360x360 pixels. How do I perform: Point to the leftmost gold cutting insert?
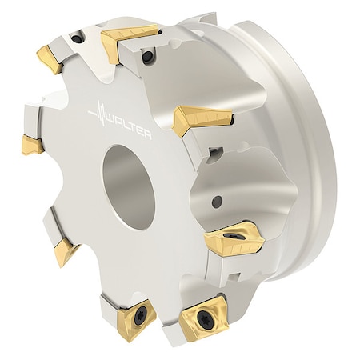pos(32,144)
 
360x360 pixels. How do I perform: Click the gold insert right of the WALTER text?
pos(200,118)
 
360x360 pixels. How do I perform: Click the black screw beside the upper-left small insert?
pos(76,37)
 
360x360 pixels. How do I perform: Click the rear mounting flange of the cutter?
pos(308,160)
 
